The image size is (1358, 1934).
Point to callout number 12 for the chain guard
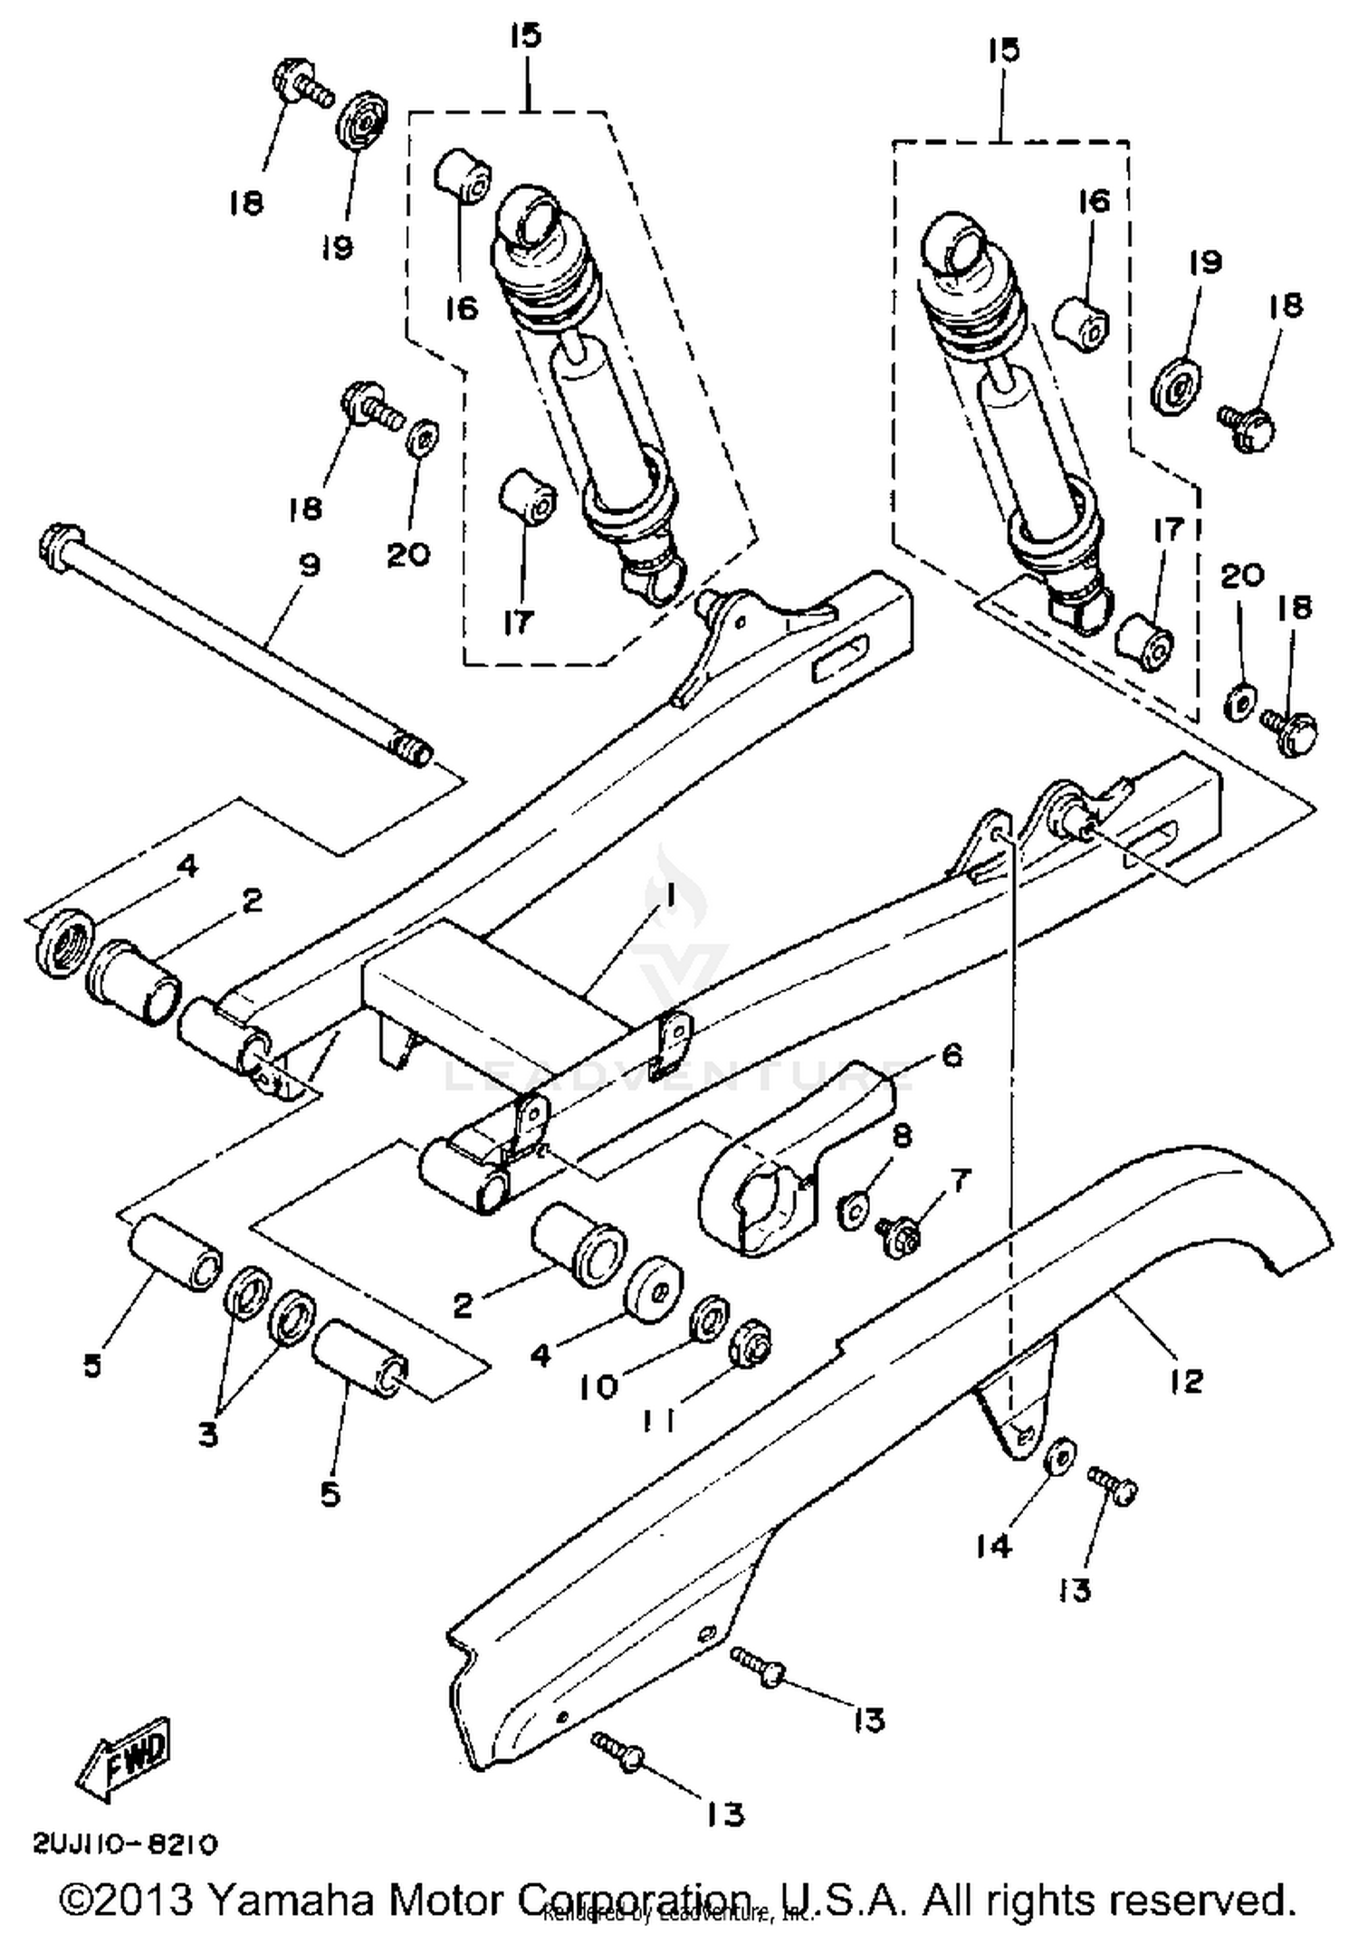1186,1380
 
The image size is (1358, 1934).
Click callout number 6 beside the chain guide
952,1055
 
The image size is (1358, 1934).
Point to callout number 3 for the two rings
209,1434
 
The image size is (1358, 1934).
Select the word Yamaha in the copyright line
291,1901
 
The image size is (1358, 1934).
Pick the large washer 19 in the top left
363,124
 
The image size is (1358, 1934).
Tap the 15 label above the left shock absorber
526,36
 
